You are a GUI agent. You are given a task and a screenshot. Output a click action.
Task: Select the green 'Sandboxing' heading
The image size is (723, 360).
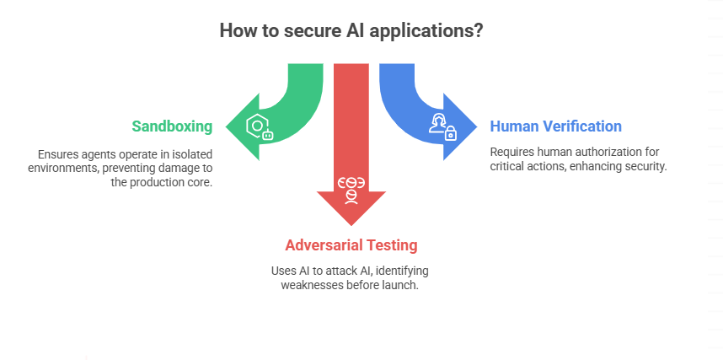point(172,126)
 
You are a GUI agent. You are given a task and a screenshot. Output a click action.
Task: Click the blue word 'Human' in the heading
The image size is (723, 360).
point(516,126)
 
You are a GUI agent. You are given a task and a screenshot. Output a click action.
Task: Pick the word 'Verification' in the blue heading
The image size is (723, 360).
point(583,126)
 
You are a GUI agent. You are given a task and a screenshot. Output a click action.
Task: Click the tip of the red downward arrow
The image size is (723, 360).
point(351,224)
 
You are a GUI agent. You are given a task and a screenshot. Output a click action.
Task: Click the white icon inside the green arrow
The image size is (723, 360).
point(259,127)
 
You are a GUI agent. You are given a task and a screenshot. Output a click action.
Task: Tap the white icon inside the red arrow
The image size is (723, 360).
point(351,189)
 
